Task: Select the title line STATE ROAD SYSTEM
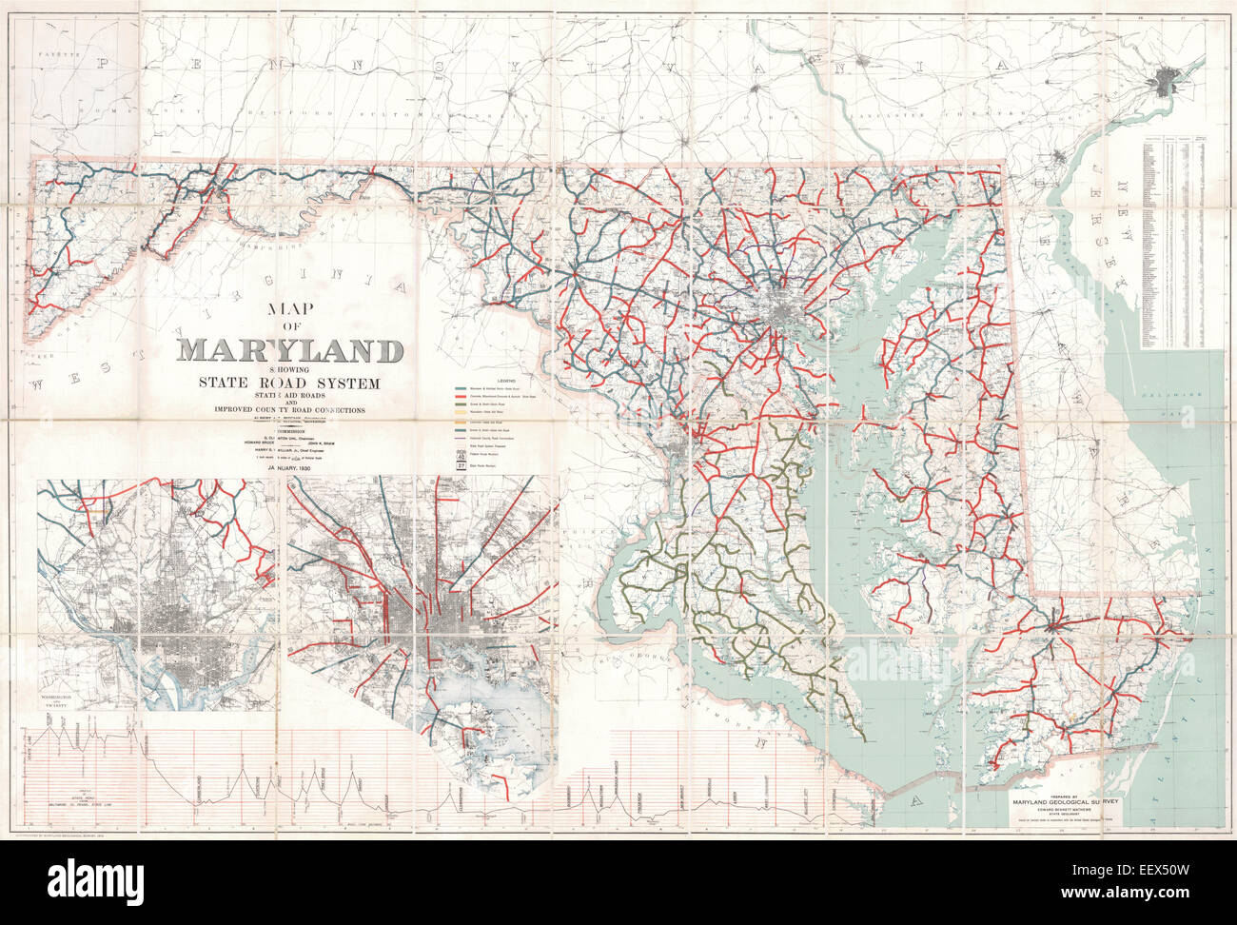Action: pyautogui.click(x=288, y=384)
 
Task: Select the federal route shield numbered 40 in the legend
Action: pyautogui.click(x=461, y=454)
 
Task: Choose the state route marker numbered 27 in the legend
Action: pyautogui.click(x=461, y=465)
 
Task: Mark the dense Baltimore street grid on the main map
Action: pyautogui.click(x=788, y=312)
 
